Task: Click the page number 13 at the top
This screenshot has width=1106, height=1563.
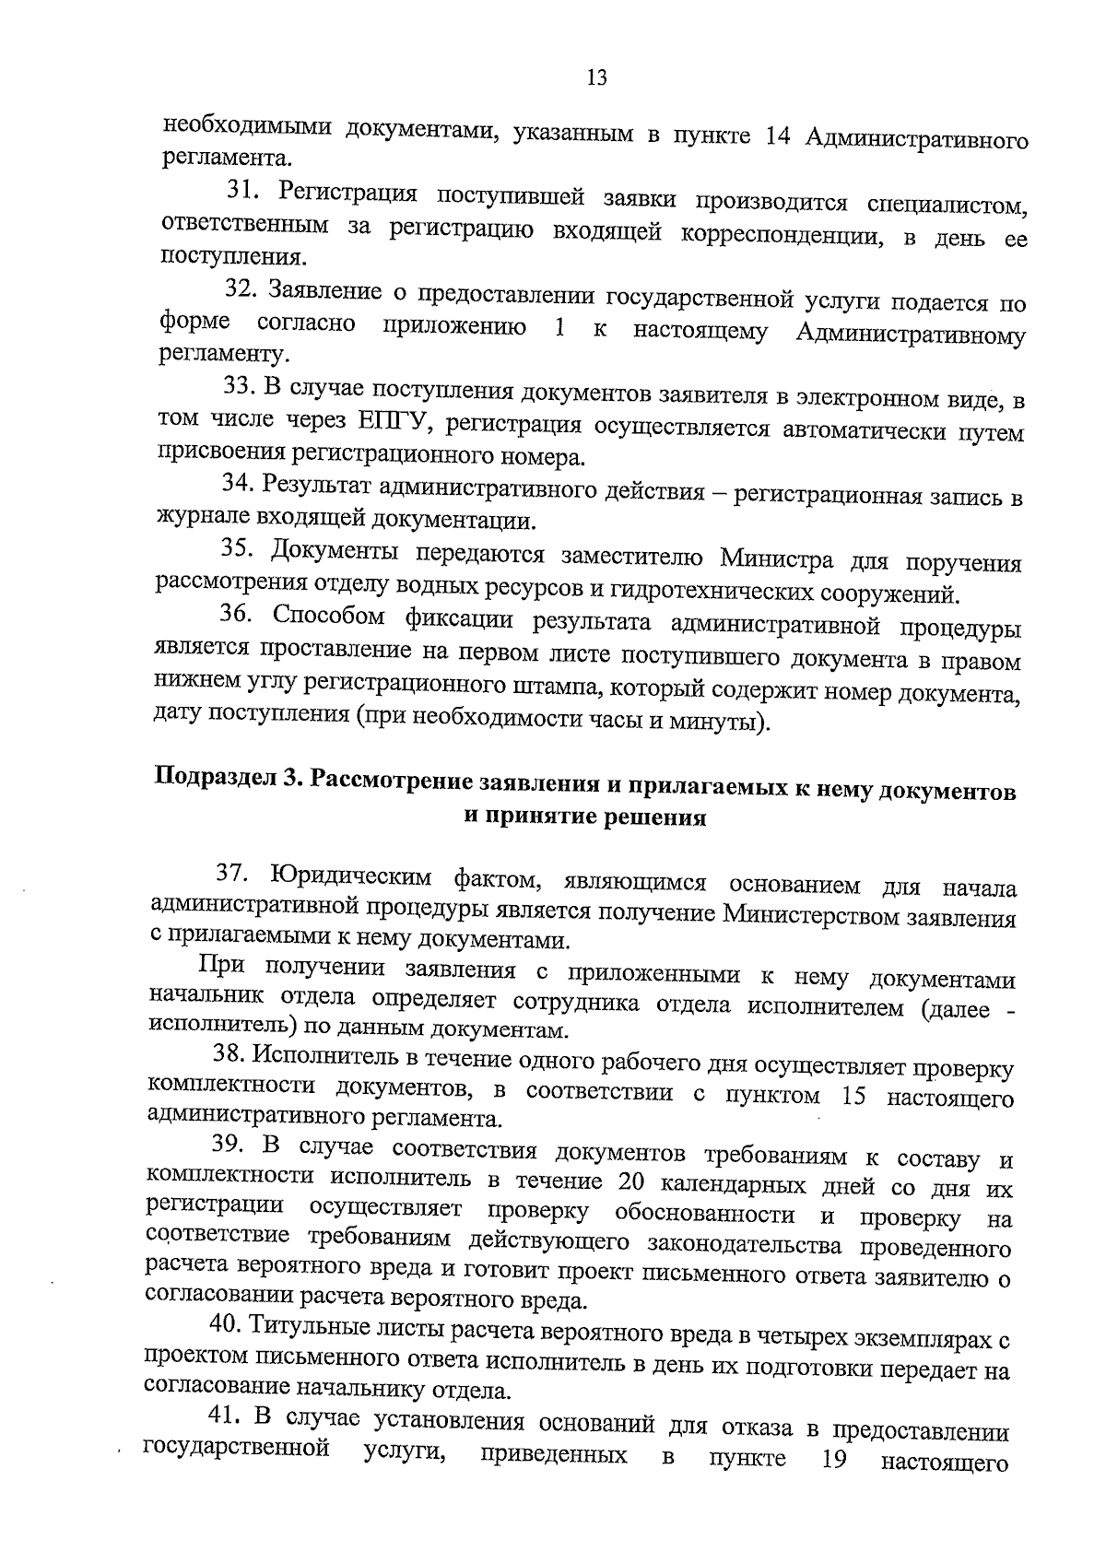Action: (x=596, y=78)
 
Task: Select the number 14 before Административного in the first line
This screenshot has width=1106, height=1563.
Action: (x=782, y=136)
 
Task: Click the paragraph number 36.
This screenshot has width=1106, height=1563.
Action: (x=237, y=616)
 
